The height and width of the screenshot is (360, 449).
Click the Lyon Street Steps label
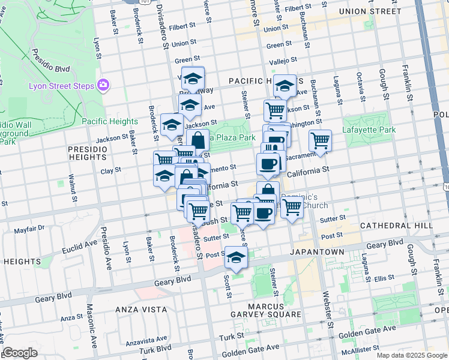coord(61,86)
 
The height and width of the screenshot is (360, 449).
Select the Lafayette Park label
coord(369,130)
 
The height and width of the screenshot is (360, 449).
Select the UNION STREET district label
coord(369,11)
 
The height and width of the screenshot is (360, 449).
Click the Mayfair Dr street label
coord(29,229)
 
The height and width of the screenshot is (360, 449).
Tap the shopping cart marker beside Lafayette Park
coord(321,141)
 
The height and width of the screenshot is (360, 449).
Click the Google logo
coord(20,353)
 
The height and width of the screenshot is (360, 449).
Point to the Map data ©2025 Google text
coord(412,355)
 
